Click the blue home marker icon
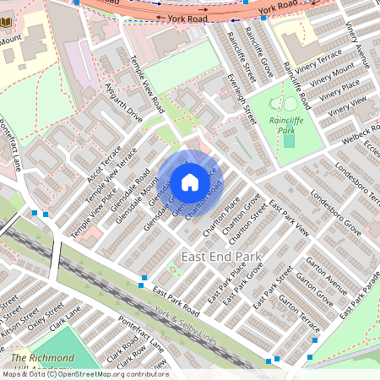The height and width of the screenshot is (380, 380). pos(190,182)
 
